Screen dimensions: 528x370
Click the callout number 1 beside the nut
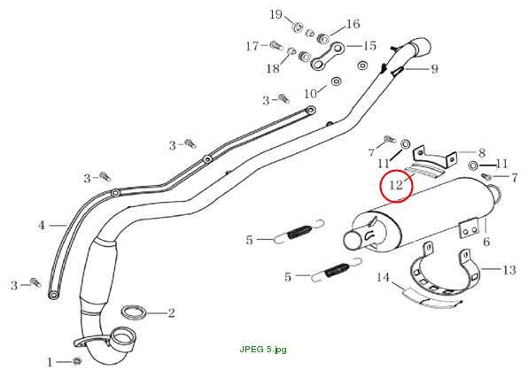(50, 362)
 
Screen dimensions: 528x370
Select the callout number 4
(42, 225)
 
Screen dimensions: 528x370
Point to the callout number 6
(486, 242)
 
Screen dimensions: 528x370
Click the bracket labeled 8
(435, 158)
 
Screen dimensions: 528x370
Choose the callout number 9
(435, 69)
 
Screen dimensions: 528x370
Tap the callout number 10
(310, 94)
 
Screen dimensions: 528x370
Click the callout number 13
(509, 269)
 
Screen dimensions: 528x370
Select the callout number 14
(383, 277)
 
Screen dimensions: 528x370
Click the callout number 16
(353, 24)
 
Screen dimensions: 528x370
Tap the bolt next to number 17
(276, 45)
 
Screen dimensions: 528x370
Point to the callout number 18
(273, 68)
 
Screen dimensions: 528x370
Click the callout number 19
(276, 14)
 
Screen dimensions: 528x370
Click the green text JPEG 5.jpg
(263, 350)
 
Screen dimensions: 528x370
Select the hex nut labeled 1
(77, 361)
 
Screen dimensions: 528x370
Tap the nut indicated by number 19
(298, 27)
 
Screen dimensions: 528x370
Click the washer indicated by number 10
(336, 81)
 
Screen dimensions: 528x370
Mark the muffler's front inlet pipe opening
(353, 240)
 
